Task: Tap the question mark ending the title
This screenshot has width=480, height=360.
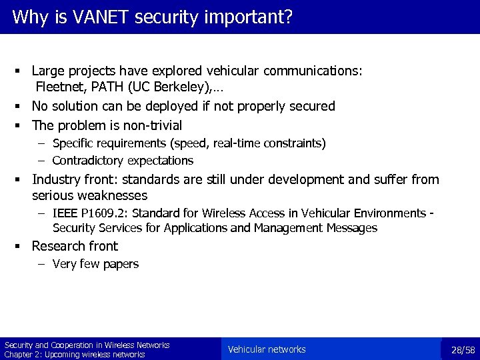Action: click(x=288, y=17)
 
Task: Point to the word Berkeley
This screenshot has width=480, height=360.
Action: click(x=176, y=86)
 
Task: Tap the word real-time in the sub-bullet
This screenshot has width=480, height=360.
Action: click(x=220, y=143)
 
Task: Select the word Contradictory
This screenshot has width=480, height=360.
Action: click(x=85, y=161)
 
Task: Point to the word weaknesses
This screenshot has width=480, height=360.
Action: click(x=113, y=195)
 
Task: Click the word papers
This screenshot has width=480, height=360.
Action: click(x=121, y=264)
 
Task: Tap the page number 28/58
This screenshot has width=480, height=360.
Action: click(x=463, y=350)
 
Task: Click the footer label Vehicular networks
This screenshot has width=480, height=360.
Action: click(x=267, y=349)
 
